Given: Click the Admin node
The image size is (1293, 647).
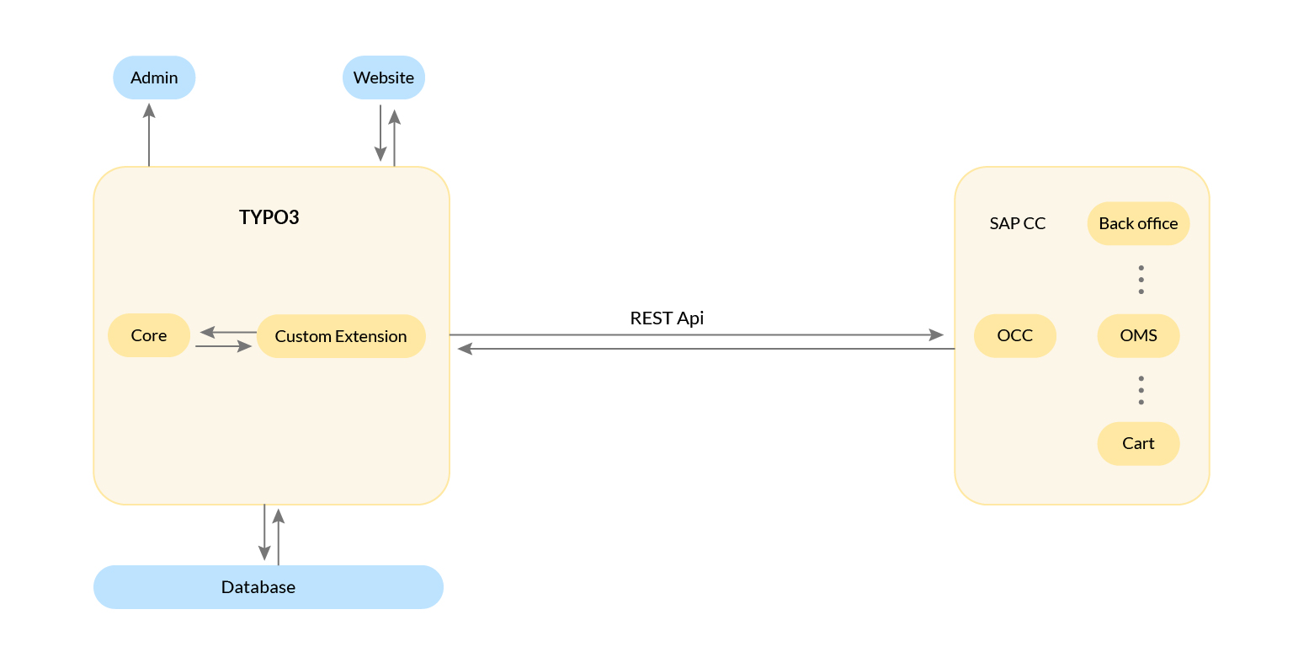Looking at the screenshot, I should coord(154,78).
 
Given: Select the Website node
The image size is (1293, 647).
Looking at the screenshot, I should coord(383,78).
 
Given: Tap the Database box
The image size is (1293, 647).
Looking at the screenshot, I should coord(268,587).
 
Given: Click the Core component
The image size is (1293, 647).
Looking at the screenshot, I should coord(149,335).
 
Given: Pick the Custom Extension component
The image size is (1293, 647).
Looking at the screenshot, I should coord(341,336).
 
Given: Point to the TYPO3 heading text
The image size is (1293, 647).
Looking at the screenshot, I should coord(269,217).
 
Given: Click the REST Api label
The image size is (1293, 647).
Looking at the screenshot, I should coord(667,318).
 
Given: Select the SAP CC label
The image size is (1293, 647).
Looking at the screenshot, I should coord(1017,223).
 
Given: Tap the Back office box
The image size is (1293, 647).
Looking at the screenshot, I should coord(1138,223).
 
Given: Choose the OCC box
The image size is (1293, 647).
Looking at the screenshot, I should coord(1014,335).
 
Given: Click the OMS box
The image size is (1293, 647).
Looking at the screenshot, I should coord(1138,335).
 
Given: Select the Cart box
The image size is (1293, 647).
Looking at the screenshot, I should coord(1138,443).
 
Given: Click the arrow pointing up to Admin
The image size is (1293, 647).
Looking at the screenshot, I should coord(149,135).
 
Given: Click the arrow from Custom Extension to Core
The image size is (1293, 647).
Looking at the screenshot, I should coord(227,332).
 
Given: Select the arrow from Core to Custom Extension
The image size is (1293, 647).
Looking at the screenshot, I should coord(224,346).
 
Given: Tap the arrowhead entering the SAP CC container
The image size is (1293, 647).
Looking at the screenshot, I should coord(936,334).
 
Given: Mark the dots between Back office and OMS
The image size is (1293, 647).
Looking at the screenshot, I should coord(1141,280).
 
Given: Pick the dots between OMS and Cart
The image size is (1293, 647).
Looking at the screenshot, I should coord(1141,390).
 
